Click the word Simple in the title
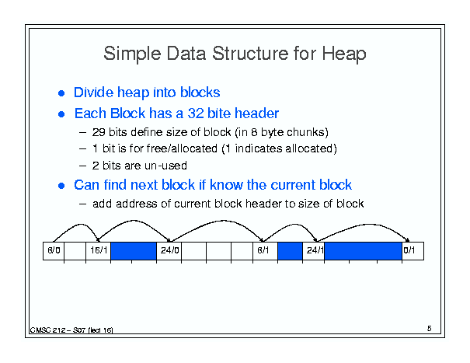pyautogui.click(x=132, y=54)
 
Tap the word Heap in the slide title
pyautogui.click(x=344, y=54)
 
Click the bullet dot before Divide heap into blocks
pyautogui.click(x=61, y=93)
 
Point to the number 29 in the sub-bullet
pyautogui.click(x=99, y=132)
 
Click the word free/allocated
pyautogui.click(x=182, y=148)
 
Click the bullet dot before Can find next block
pyautogui.click(x=61, y=186)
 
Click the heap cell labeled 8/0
pyautogui.click(x=54, y=251)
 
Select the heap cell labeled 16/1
pyautogui.click(x=99, y=251)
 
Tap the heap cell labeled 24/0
pyautogui.click(x=169, y=251)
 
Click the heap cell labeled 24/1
pyautogui.click(x=314, y=251)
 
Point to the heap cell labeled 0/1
pyautogui.click(x=413, y=251)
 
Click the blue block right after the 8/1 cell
pyautogui.click(x=290, y=251)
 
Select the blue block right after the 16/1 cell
pyautogui.click(x=134, y=251)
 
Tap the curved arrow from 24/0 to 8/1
pyautogui.click(x=222, y=221)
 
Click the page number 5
pyautogui.click(x=430, y=329)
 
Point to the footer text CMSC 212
pyautogui.click(x=47, y=330)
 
